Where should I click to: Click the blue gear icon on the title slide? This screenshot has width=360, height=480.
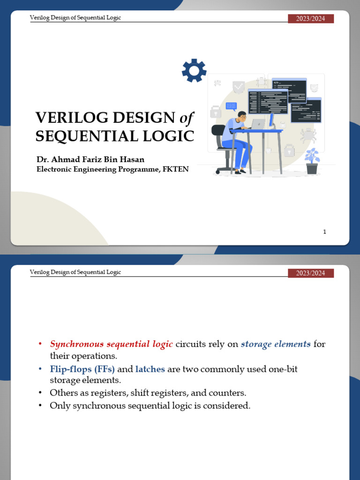[x=194, y=71]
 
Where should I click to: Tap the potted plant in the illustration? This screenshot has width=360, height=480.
[x=312, y=161]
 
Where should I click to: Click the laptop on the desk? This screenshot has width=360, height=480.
[x=257, y=124]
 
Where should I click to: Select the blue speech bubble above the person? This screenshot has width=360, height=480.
[x=231, y=106]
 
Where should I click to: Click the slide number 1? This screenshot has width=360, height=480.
[x=324, y=232]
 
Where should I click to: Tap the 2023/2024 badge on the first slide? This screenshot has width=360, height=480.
[x=310, y=19]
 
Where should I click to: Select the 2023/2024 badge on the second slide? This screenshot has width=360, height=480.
[x=310, y=273]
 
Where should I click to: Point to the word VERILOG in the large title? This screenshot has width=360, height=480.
[x=66, y=118]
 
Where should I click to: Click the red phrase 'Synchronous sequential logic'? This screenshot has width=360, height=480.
[x=112, y=345]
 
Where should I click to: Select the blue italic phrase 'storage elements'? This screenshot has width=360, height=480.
[x=276, y=345]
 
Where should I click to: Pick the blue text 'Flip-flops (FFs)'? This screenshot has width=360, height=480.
[x=82, y=369]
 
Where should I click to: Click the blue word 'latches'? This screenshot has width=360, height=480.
[x=150, y=369]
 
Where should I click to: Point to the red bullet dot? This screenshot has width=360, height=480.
[x=41, y=345]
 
